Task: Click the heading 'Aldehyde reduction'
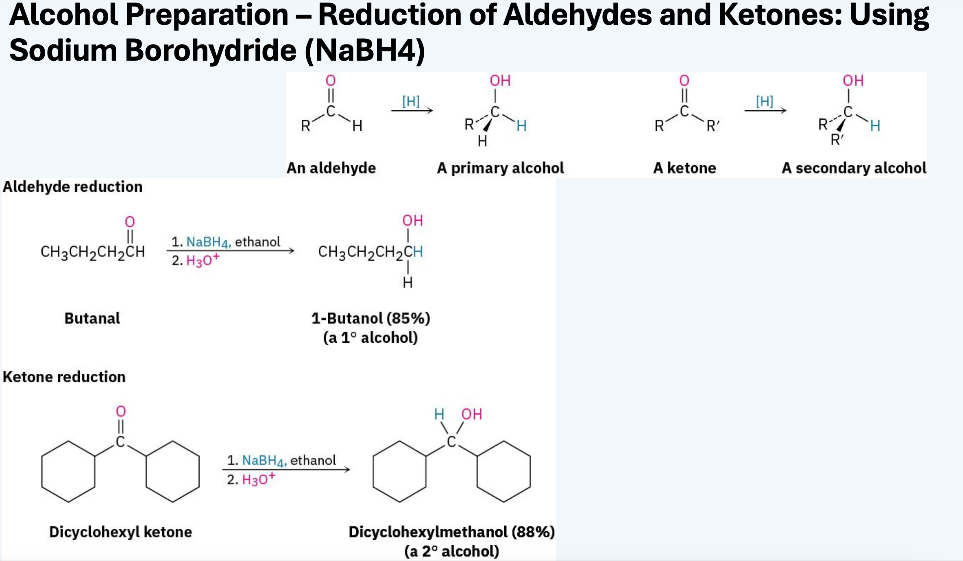pos(73,187)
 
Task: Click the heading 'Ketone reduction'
pos(64,377)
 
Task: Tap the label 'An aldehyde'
pos(331,168)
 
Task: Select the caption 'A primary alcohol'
pos(500,168)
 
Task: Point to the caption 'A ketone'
pos(684,168)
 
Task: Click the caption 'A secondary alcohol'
pos(854,168)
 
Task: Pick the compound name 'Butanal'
pos(92,318)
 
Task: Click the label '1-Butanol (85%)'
pos(370,318)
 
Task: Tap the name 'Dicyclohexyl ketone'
pos(120,532)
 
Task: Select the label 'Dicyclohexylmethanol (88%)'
pos(452,532)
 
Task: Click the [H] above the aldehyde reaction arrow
pos(411,101)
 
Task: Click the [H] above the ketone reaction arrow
pos(765,101)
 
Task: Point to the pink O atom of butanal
pos(130,222)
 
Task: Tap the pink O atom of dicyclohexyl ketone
pos(121,411)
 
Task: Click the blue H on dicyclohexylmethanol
pos(439,414)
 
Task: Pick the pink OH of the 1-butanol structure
pos(413,221)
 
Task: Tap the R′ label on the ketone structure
pos(713,126)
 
